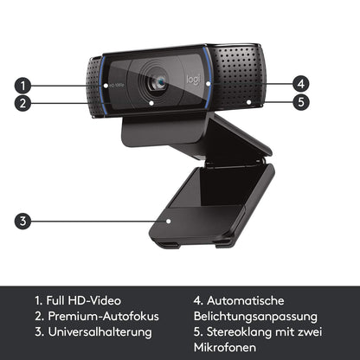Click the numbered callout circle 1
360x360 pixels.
[x=22, y=86]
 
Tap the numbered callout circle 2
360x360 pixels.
[x=22, y=103]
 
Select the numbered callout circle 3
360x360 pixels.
[x=22, y=222]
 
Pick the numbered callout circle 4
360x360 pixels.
[x=301, y=84]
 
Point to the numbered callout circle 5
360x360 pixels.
[x=301, y=102]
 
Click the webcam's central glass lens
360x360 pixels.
[x=161, y=83]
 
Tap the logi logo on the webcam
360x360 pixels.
[x=193, y=80]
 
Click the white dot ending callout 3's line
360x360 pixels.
[x=169, y=222]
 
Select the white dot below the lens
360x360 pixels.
[x=151, y=102]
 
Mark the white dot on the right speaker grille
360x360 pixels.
[x=248, y=102]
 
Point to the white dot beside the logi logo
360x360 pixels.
[x=209, y=84]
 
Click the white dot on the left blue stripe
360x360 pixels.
[x=106, y=86]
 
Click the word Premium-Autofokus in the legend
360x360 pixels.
[x=103, y=316]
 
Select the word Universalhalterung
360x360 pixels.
[x=100, y=331]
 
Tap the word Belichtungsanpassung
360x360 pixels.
[x=255, y=317]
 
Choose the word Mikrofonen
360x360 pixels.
[x=225, y=347]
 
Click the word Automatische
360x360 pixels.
[x=246, y=300]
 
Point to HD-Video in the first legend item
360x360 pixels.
[x=94, y=300]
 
